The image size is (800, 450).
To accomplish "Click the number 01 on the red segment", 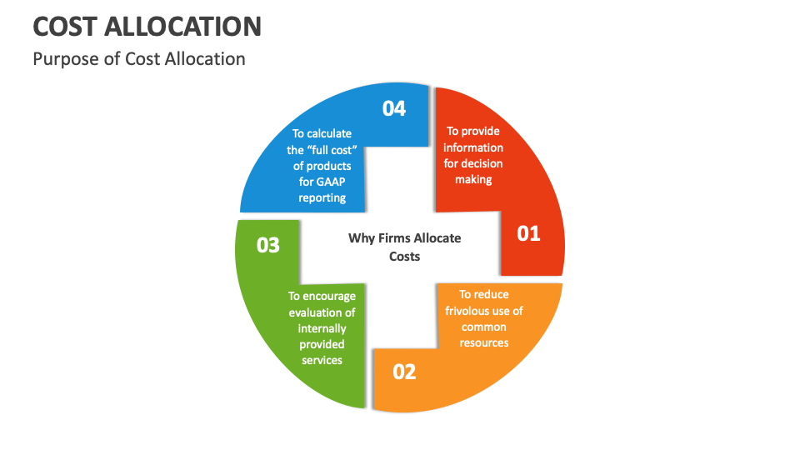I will [529, 233].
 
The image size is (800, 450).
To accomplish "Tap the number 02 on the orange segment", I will [404, 371].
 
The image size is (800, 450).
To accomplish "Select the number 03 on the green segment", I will [268, 246].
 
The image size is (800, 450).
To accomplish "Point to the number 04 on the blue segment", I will [394, 108].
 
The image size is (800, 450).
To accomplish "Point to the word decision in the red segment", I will [482, 163].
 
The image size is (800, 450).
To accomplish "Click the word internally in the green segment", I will [322, 328].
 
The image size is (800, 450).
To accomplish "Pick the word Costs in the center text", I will [405, 257].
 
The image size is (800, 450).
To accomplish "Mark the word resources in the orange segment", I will [484, 342].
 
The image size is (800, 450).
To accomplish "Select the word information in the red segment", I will [473, 147].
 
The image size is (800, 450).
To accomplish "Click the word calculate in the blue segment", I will [329, 133].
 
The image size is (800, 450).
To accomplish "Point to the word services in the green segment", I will [322, 360].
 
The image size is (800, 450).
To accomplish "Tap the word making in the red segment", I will [473, 179].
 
